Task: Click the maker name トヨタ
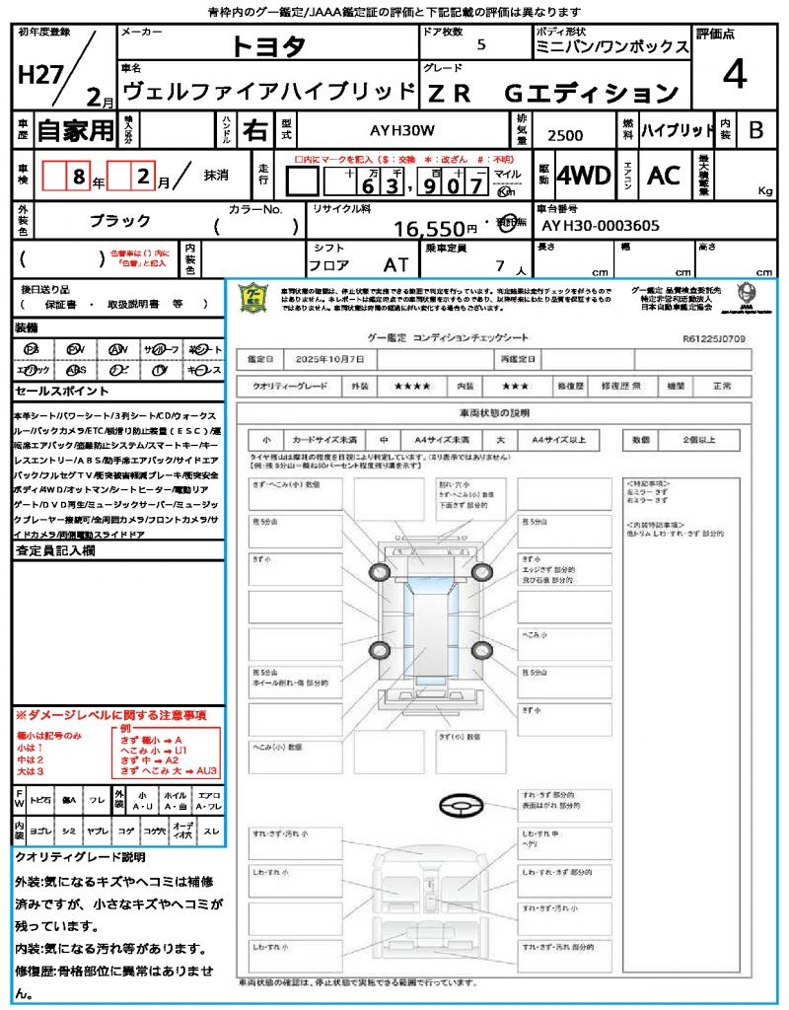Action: click(268, 45)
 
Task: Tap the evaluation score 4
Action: click(734, 74)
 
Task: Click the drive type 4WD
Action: click(583, 176)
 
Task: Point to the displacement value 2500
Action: click(565, 136)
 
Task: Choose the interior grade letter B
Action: click(755, 130)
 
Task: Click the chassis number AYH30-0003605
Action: click(601, 226)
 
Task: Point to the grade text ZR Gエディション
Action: click(552, 93)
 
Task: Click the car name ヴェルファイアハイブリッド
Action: click(267, 93)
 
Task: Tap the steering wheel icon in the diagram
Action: click(460, 808)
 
